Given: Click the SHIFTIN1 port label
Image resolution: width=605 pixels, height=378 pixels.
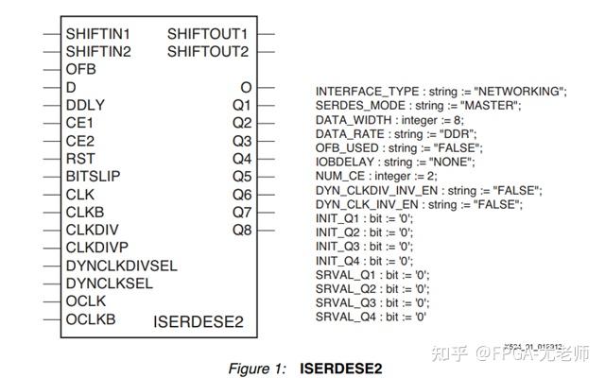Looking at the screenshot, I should [x=97, y=33].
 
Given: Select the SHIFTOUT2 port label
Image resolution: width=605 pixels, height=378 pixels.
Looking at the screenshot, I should [x=208, y=51].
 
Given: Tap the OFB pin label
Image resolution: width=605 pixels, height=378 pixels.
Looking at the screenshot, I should [x=81, y=69].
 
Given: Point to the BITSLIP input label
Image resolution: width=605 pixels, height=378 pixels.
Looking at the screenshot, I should [x=93, y=176].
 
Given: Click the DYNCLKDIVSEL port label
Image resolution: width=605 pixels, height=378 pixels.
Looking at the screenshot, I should [x=121, y=266].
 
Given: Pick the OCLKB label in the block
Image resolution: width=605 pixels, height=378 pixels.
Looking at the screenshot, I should [x=91, y=319].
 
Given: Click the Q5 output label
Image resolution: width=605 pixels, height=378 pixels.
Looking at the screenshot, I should [x=241, y=176].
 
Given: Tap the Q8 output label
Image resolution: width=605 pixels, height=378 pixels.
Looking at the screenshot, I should [x=241, y=230].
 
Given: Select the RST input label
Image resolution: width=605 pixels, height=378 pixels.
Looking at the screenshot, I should [x=80, y=158].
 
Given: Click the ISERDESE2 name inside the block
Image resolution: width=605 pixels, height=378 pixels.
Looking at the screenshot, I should [x=199, y=322].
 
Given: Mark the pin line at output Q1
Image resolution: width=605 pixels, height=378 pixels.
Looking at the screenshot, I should [x=266, y=105].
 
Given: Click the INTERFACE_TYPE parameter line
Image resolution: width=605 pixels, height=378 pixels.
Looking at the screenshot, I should [x=441, y=91].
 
